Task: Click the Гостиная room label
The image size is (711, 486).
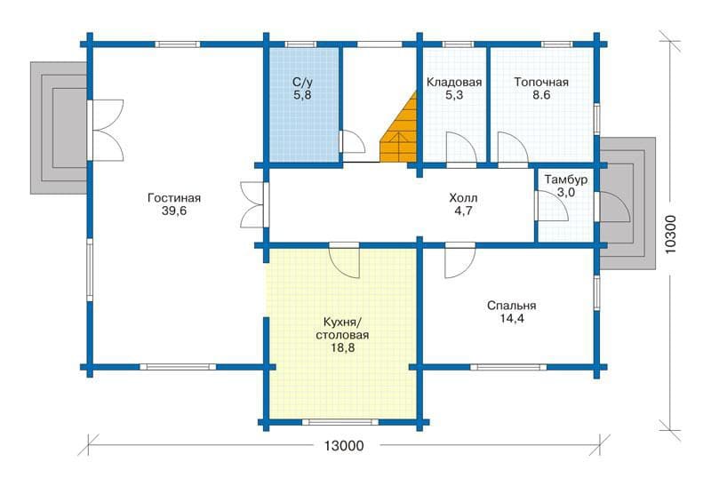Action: (x=174, y=198)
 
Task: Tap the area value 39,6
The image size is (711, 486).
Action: (x=174, y=211)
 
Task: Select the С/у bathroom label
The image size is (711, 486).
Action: (x=302, y=83)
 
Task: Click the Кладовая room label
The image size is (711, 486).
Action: (x=454, y=83)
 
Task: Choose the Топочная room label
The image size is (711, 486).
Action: (x=541, y=83)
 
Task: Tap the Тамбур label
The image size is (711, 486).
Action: (x=566, y=179)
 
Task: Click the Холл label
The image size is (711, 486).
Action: (x=463, y=198)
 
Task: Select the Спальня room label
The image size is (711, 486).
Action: (x=512, y=306)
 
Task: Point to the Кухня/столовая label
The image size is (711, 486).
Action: (x=342, y=329)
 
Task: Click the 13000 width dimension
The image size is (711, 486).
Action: (x=344, y=446)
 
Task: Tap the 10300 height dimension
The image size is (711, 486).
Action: (x=672, y=234)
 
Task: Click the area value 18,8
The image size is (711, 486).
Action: (x=342, y=347)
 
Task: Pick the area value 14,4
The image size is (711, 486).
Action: (x=512, y=318)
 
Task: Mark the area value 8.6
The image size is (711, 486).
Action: (x=541, y=95)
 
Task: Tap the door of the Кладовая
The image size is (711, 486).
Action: (x=460, y=147)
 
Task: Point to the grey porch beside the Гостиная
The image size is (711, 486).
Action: (x=58, y=128)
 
